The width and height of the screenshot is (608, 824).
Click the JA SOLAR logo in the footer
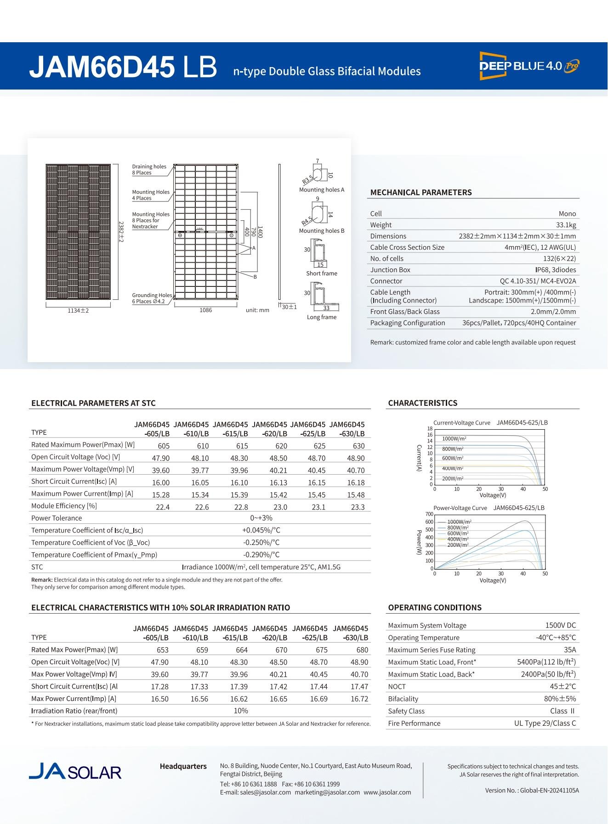[75, 771]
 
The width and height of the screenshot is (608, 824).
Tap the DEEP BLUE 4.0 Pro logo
[529, 66]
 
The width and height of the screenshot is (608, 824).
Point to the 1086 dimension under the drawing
[205, 310]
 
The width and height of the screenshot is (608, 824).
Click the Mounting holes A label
[321, 190]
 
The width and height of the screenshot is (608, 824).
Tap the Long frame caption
[321, 317]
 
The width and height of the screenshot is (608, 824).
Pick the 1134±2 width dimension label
[78, 311]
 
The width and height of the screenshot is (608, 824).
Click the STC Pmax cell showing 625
[319, 446]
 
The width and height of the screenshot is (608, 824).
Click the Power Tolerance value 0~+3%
[261, 518]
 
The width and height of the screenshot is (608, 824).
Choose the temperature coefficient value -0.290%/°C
[261, 555]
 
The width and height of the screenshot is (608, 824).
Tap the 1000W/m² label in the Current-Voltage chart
[454, 439]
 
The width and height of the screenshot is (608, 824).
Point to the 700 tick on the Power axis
[429, 514]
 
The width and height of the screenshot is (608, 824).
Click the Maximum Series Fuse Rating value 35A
[569, 650]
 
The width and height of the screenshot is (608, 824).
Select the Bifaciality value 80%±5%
[560, 699]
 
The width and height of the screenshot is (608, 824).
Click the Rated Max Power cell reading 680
[362, 650]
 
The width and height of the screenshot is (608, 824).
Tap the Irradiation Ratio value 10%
[241, 711]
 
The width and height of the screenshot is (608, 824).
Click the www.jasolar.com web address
[387, 792]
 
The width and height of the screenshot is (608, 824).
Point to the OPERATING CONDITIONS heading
[435, 607]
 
